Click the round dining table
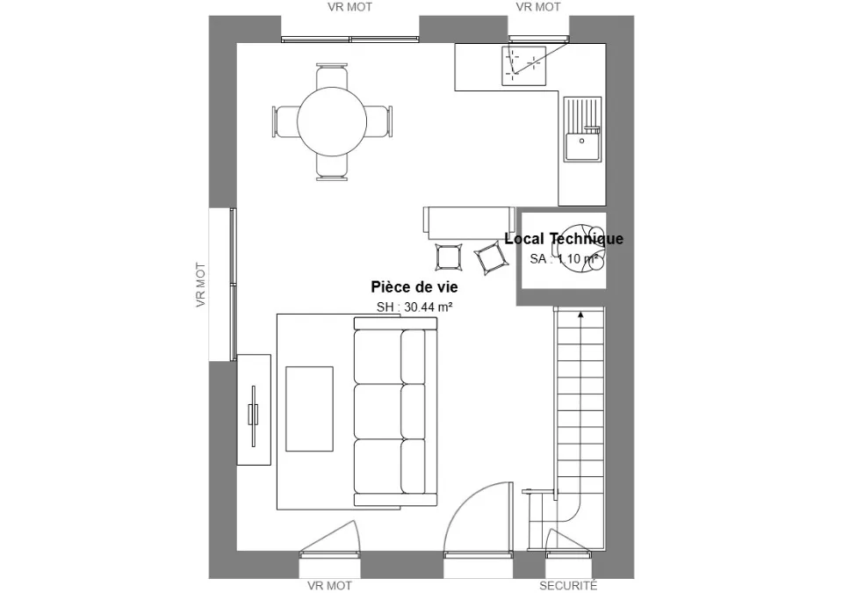coord(332,121)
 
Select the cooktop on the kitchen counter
coord(523,66)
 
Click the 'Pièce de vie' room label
coord(414,286)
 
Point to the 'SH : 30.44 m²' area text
coord(414,307)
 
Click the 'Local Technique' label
coord(564,238)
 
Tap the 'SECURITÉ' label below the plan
coord(568,585)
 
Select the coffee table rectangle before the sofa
coord(309,409)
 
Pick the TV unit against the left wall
coord(254,409)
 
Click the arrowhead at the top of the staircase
coord(580,314)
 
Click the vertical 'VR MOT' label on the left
coord(201,285)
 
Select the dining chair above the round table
coord(332,76)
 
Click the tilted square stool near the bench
coord(492,259)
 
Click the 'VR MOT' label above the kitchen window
coord(538,7)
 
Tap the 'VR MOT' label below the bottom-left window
coord(329,585)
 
